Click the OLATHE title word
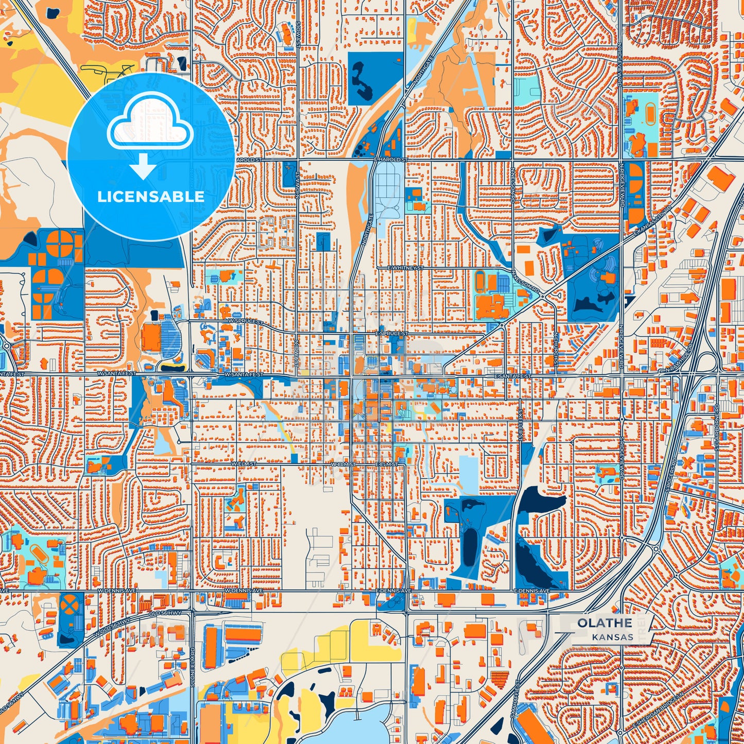(x=604, y=622)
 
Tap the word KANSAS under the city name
(x=612, y=637)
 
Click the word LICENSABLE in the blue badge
(x=151, y=196)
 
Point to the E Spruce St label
(x=392, y=334)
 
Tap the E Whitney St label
(x=406, y=268)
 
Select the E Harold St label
(x=390, y=160)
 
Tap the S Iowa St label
(x=298, y=34)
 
